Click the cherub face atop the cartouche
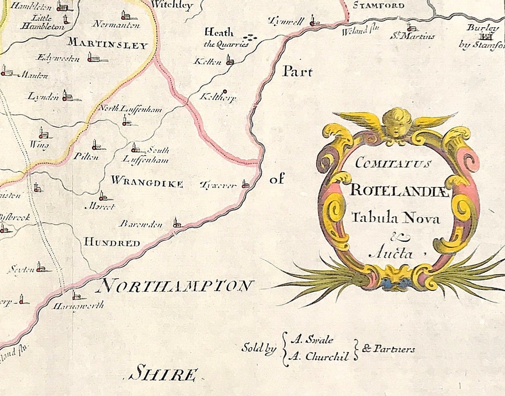coord(396,124)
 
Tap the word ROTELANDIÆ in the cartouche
coord(399,191)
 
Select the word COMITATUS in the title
coord(392,164)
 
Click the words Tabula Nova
coord(395,218)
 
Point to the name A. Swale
coord(312,340)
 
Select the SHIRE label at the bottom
coord(163,374)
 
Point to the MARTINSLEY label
coord(108,45)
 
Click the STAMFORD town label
coord(378,6)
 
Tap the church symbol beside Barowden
coord(176,222)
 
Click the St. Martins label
coord(413,36)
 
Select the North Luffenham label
coord(130,109)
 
